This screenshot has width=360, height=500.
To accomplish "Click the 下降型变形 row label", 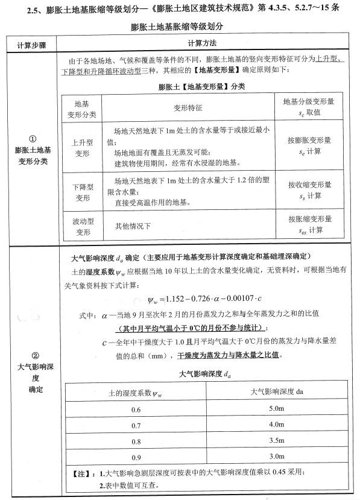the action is (x=81, y=191).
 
